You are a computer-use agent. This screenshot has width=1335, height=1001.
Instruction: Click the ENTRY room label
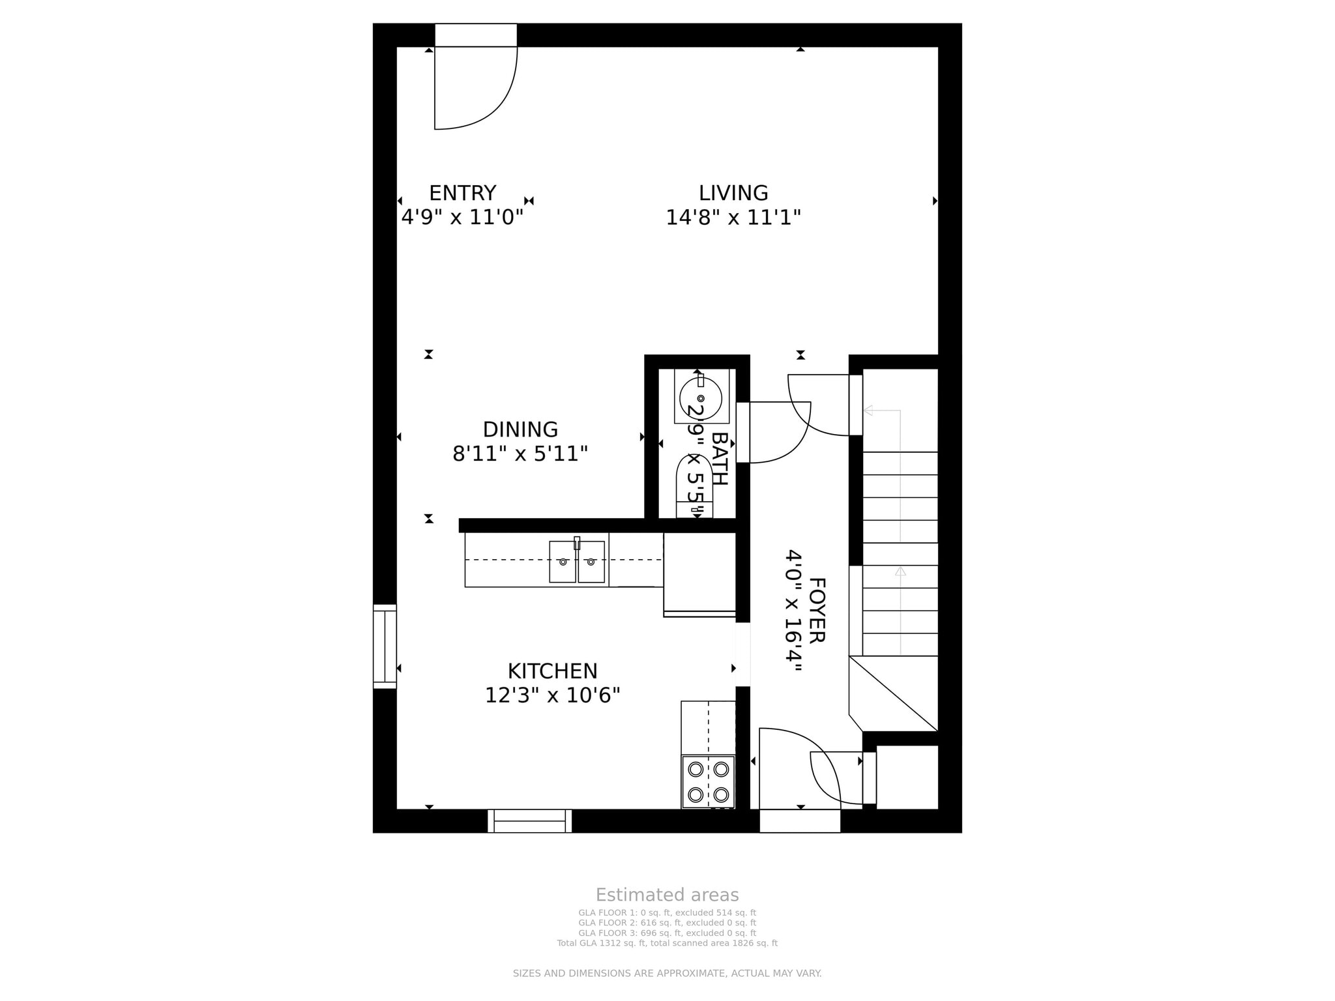point(462,193)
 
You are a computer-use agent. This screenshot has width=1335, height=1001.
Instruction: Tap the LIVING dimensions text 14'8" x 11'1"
point(733,217)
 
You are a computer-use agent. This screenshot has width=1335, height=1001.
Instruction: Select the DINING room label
point(520,429)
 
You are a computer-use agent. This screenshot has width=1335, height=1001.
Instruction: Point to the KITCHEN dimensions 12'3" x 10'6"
point(552,695)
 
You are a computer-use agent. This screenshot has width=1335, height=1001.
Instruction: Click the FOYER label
point(817,610)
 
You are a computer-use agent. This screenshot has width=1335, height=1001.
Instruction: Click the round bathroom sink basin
point(701,398)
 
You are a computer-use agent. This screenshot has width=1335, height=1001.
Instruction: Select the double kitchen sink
point(576,561)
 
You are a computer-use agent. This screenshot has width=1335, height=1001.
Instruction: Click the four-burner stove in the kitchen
point(708,781)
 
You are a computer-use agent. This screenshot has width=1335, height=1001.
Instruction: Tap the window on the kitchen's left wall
point(385,646)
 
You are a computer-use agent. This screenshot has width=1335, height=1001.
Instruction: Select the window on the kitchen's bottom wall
point(529,820)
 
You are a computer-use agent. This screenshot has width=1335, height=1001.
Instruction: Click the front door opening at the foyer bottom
point(800,821)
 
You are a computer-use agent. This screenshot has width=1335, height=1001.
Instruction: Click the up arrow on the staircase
point(900,572)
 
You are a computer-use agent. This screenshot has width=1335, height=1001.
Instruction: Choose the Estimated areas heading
point(667,895)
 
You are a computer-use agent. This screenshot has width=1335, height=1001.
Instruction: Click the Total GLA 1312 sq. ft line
point(667,943)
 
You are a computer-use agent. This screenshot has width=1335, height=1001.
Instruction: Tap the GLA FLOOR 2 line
point(667,923)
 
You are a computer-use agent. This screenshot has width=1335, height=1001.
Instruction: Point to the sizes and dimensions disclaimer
point(667,974)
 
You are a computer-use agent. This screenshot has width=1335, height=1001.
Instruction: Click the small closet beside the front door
point(906,777)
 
